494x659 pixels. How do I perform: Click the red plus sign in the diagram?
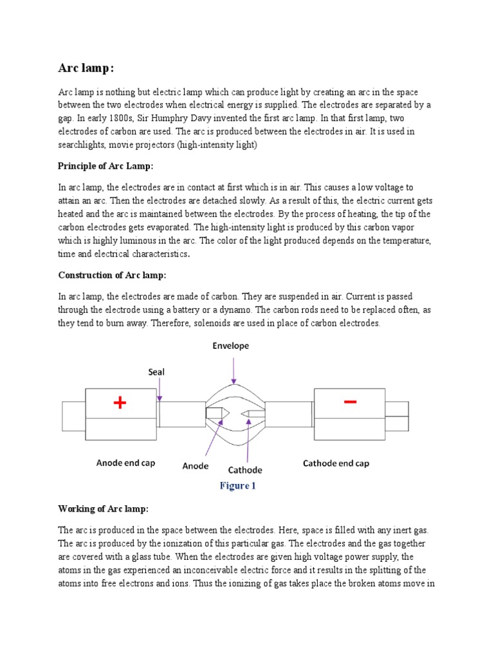coord(120,404)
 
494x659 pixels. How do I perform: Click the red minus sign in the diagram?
coord(350,402)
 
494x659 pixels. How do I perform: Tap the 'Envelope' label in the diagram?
coord(231,346)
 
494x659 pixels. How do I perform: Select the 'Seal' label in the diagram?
coord(158,372)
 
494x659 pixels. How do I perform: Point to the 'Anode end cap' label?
coord(125,463)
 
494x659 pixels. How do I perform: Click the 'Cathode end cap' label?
coord(336,463)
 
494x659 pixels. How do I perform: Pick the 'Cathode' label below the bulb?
coord(245,470)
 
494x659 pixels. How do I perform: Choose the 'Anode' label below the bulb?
coord(196,465)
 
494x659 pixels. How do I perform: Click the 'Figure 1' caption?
coord(237,486)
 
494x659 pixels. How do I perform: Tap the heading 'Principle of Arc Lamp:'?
coord(106,166)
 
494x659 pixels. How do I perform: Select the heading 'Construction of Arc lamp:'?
coord(112,275)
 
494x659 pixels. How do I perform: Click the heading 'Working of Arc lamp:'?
coord(103,509)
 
